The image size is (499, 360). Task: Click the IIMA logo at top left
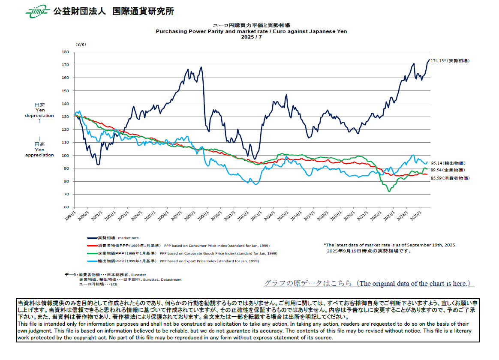(37, 12)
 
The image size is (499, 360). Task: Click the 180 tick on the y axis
(65, 52)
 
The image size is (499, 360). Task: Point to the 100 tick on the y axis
(65, 156)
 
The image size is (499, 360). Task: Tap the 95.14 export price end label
(448, 163)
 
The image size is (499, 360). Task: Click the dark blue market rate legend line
(92, 238)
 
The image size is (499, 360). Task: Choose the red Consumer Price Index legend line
(92, 246)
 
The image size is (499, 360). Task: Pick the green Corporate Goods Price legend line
(92, 253)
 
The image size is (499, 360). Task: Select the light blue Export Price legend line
(92, 261)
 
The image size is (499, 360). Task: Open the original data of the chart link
(369, 284)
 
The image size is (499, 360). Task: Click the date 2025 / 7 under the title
(251, 37)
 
